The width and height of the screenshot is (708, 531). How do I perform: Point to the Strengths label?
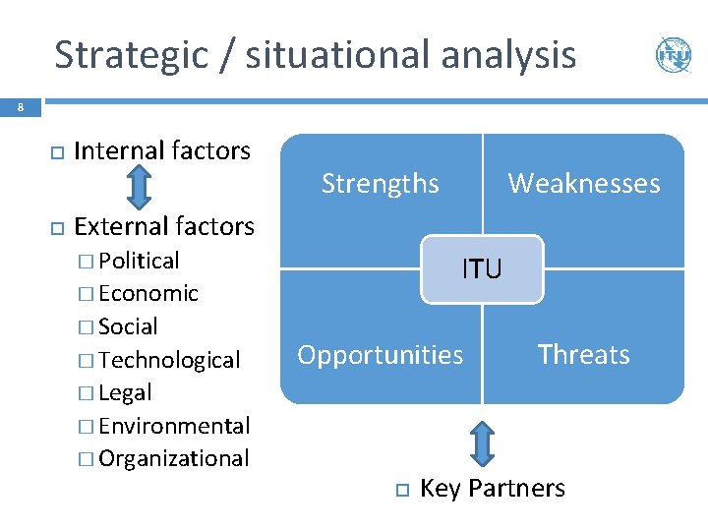coord(381,183)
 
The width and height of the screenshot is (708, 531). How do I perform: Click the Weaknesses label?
coord(583,183)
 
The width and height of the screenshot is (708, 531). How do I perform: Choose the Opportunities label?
coord(381,354)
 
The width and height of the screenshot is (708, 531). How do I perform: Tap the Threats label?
coord(583,354)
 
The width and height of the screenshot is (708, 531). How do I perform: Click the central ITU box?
coord(482,268)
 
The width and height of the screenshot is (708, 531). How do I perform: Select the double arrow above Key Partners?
coord(482,442)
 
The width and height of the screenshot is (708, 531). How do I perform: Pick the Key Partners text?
coord(492,489)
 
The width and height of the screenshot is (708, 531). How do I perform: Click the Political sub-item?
coord(139,261)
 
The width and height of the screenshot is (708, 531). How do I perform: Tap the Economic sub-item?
coord(148,293)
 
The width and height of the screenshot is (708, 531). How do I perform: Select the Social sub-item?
coord(128,326)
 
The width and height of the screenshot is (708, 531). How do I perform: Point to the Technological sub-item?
coord(169,360)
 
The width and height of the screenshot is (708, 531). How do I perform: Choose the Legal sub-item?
coord(125,392)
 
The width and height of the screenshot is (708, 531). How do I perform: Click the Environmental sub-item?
coord(174,426)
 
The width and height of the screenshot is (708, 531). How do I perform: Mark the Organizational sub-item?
coord(174,458)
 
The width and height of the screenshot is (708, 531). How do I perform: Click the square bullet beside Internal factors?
coord(56,152)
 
